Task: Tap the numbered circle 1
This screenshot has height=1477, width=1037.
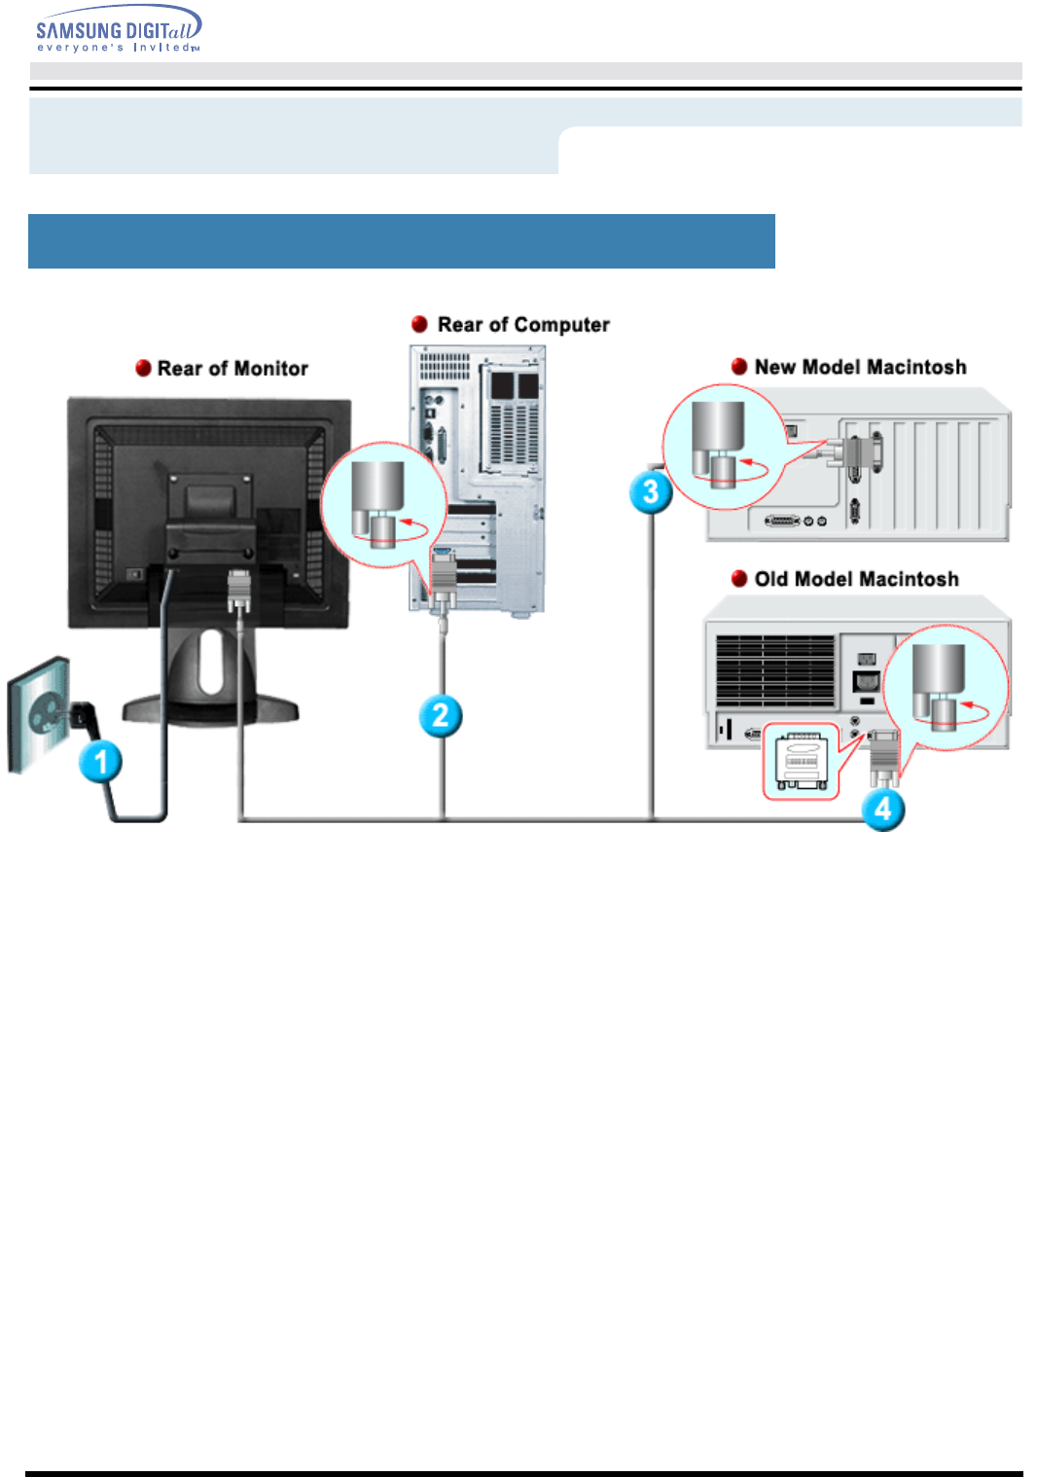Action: [101, 761]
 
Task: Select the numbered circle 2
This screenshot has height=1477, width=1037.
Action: [441, 716]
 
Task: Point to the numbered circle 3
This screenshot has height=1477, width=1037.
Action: [651, 491]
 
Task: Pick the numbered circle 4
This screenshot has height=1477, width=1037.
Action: [883, 809]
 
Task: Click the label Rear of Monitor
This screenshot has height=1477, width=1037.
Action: [232, 369]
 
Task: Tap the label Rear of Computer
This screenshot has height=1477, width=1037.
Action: [523, 325]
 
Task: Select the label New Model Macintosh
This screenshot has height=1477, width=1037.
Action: [860, 367]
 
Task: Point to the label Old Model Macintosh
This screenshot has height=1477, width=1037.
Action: [856, 579]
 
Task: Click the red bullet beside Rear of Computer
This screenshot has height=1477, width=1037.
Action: [420, 324]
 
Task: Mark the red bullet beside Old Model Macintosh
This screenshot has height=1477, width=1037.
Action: [739, 579]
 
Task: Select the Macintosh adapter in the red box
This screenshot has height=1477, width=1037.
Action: [801, 761]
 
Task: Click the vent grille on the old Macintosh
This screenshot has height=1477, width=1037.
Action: [775, 670]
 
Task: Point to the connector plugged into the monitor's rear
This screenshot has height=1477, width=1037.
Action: [239, 592]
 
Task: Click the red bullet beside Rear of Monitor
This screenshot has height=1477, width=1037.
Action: [143, 368]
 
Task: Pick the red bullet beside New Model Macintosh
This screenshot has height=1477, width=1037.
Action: [739, 367]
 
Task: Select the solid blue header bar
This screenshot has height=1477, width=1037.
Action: [401, 241]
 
